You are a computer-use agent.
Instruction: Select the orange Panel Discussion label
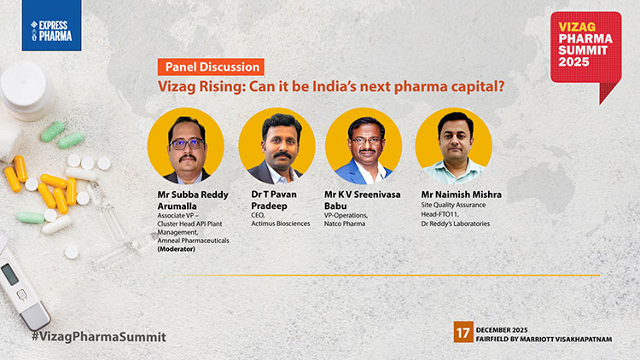point(209,67)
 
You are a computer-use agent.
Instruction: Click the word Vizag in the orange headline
point(177,86)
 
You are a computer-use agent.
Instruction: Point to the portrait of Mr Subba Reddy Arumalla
point(185,146)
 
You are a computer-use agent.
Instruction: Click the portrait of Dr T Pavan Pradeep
point(276,146)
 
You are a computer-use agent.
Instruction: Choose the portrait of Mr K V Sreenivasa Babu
point(364,146)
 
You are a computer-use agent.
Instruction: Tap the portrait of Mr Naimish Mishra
point(453,146)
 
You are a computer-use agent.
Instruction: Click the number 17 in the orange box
point(463,333)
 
